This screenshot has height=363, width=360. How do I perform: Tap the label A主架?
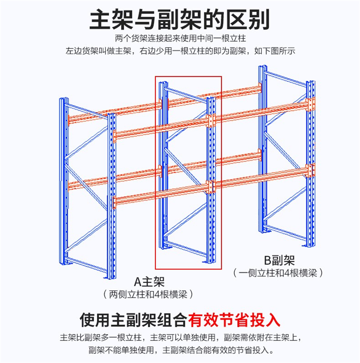coord(149,281)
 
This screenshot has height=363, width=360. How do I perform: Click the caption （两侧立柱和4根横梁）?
coord(149,294)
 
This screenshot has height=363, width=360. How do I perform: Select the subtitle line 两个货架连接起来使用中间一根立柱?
coord(180,39)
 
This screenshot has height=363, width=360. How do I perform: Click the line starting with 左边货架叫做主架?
coord(180,51)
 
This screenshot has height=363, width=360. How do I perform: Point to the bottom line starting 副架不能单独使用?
coord(180,350)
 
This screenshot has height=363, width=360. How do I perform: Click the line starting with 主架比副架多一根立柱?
coord(180,337)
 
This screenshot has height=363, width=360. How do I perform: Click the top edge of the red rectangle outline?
coord(188,76)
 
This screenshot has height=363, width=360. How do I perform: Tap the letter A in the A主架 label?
coord(136,281)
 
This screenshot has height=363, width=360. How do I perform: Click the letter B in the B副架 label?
coord(267,261)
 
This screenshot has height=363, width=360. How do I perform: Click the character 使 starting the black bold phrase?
coord(90,320)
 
